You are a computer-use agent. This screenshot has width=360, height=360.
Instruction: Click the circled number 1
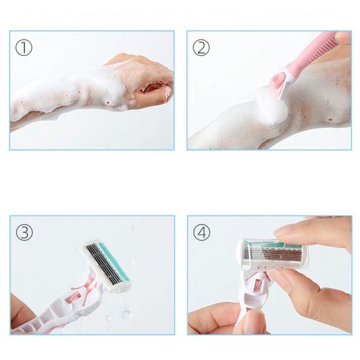pos(24,48)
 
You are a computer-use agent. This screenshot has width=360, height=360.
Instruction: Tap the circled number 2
pos(201,48)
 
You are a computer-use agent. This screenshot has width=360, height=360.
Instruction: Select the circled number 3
pos(24,232)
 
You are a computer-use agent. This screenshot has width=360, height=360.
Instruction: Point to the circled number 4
pos(202,232)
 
